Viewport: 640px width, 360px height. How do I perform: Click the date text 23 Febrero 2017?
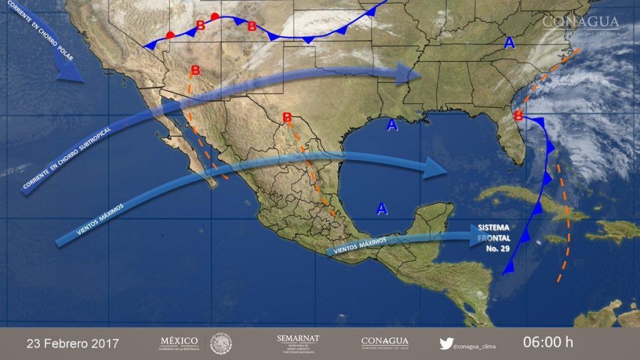[x=72, y=344]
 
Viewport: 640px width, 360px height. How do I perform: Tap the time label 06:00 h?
[x=547, y=342]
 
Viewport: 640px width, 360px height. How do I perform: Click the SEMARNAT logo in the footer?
[x=298, y=342]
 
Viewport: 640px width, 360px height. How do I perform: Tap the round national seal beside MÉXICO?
[x=221, y=343]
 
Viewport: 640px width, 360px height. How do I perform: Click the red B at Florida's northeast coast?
[x=518, y=116]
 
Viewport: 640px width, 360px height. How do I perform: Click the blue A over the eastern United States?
[x=510, y=43]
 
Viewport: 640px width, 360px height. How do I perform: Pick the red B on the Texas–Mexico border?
[x=287, y=117]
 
